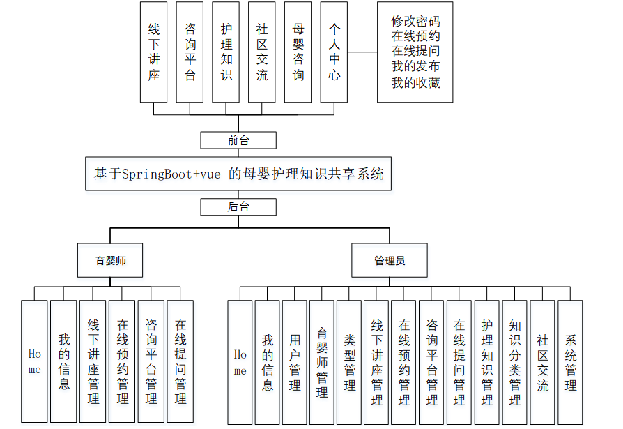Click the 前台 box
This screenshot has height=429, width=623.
point(238,140)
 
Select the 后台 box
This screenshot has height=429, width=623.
point(238,207)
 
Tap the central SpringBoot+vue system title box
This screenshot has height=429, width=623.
point(238,174)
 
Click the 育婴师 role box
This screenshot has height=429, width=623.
point(110,261)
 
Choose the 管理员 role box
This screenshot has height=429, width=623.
point(390,261)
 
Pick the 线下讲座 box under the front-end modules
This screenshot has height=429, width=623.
point(154,52)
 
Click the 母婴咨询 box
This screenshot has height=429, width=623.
point(298,52)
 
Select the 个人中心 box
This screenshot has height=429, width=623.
point(334,52)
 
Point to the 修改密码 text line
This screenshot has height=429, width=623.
point(415,21)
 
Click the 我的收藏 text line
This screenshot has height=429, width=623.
point(415,82)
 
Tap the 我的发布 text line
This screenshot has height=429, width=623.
point(415,67)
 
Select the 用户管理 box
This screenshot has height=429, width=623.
point(295,362)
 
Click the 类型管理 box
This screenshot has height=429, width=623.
point(350,362)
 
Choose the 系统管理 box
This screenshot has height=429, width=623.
point(571,362)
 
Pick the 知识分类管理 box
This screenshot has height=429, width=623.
point(515,362)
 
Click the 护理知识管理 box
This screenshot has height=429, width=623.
point(487,362)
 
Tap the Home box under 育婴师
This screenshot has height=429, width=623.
point(35,362)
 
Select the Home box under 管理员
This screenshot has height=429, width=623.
point(240,362)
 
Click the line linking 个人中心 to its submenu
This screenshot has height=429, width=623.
point(362,52)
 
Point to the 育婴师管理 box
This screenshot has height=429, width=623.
point(322,362)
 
